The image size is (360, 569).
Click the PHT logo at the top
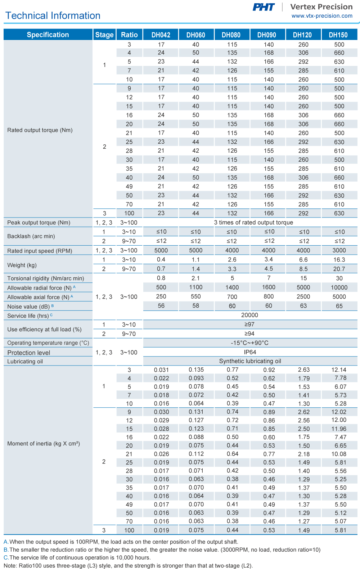[264, 7]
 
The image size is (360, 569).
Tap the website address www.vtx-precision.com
[322, 16]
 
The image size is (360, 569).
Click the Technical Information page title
[53, 15]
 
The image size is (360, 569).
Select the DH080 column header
[231, 35]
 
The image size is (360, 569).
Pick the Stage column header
[104, 35]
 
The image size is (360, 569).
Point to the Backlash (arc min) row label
[31, 236]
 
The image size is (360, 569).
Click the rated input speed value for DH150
[339, 250]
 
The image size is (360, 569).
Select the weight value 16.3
[339, 260]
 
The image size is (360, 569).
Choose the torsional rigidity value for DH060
[195, 278]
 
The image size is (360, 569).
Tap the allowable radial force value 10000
[339, 287]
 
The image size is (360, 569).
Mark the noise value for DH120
[303, 306]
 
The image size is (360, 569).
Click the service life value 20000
[249, 315]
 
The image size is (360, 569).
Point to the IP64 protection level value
[250, 352]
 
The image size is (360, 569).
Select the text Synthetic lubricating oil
[250, 361]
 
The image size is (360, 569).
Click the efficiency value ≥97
[249, 324]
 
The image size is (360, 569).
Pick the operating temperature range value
[250, 343]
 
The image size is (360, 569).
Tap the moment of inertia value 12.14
[339, 370]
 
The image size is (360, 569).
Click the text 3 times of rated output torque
[253, 223]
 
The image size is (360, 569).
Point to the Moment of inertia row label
[44, 444]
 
